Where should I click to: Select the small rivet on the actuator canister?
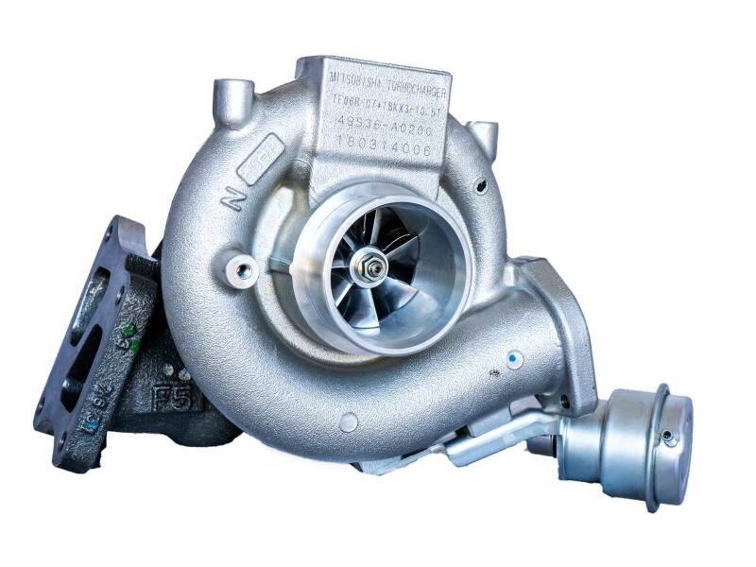click(667, 436)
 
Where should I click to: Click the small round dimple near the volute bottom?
click(349, 421)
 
